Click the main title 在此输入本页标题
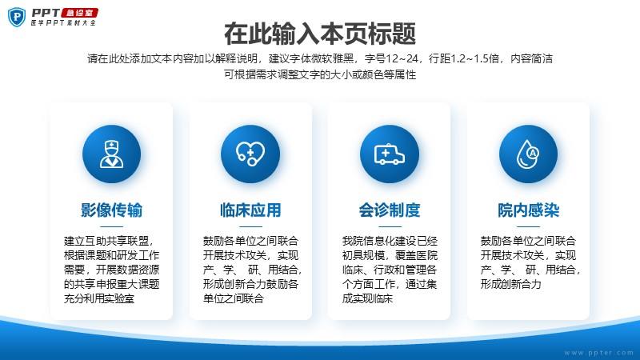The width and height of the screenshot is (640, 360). [x=320, y=34]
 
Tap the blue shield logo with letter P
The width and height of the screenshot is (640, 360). [x=17, y=17]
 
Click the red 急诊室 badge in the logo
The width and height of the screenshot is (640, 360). [x=79, y=13]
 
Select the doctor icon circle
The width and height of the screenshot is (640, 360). [x=111, y=154]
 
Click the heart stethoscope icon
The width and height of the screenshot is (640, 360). [x=250, y=154]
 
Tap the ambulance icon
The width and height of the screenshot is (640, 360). [x=390, y=154]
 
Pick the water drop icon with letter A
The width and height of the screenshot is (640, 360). [x=528, y=154]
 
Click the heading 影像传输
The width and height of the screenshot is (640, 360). [x=111, y=210]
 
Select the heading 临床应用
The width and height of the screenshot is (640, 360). [x=250, y=210]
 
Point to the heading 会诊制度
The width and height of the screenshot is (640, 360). [x=390, y=210]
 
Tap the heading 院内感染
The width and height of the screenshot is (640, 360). [x=528, y=210]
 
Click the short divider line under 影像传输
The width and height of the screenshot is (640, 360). [x=111, y=226]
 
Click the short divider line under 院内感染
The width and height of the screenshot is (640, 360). [x=528, y=226]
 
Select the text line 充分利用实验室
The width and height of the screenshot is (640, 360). [x=99, y=298]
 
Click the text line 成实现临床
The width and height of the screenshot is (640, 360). [x=367, y=298]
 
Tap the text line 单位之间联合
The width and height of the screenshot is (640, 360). [x=234, y=298]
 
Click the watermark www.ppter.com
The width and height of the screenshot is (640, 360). [x=598, y=352]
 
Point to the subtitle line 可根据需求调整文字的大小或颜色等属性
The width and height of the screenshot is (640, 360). [x=320, y=74]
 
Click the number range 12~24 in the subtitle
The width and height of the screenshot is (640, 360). [x=402, y=58]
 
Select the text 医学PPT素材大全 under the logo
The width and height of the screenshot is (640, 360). [x=63, y=23]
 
